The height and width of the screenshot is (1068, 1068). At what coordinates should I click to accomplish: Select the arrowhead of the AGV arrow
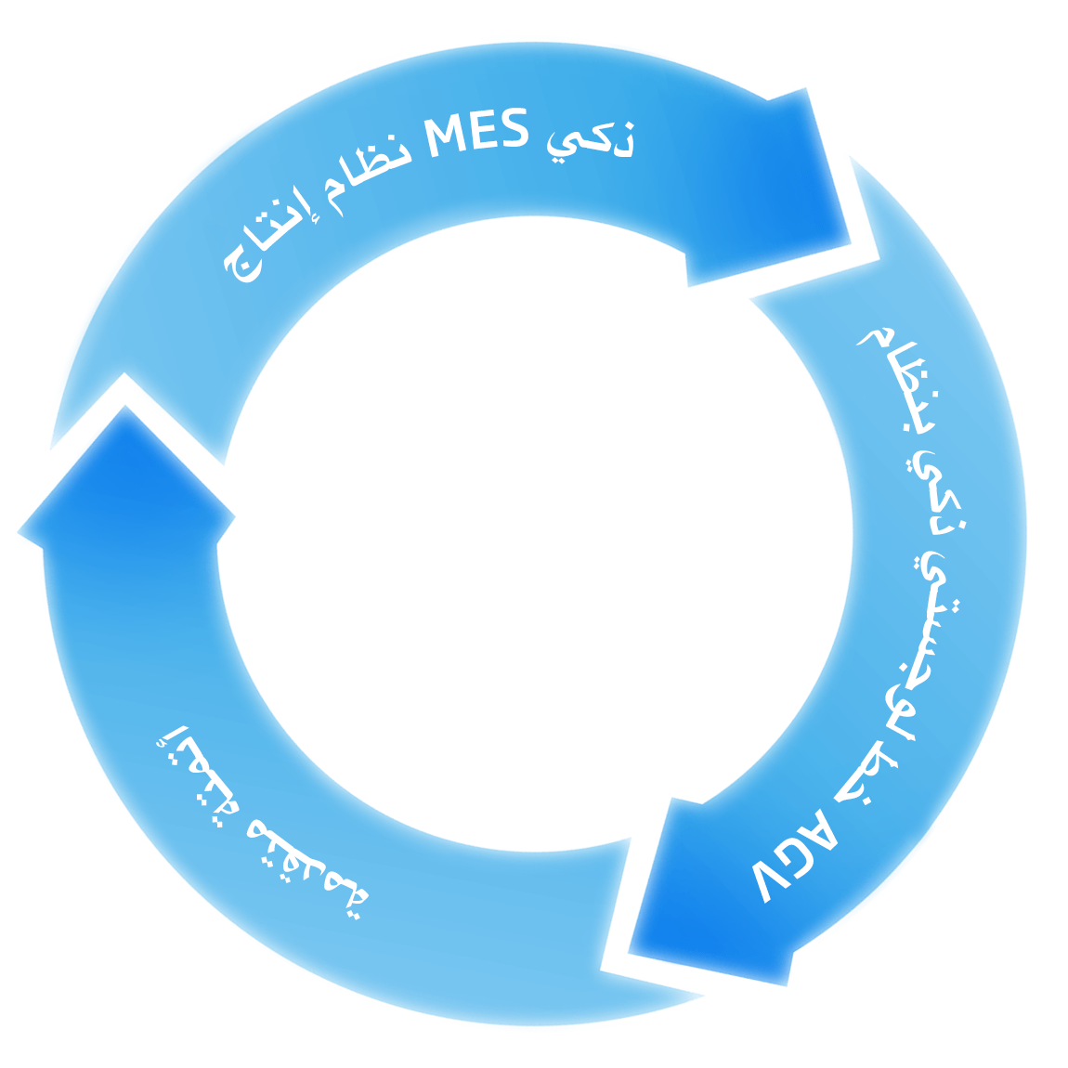point(706,892)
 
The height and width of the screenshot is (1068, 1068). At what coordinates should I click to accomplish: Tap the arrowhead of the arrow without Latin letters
point(125,483)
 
